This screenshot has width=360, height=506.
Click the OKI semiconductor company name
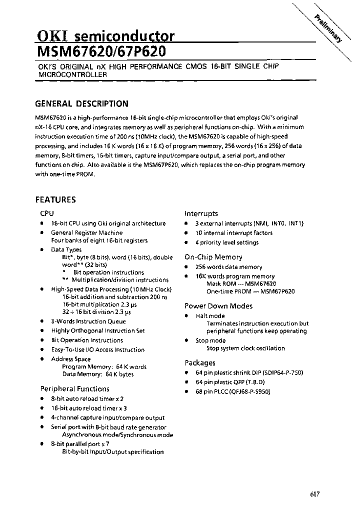coord(105,36)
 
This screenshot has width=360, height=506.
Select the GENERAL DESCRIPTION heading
coord(81,104)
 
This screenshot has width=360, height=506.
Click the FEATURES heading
coord(55,199)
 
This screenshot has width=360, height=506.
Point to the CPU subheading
coord(47,213)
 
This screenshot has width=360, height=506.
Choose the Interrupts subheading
coord(201,213)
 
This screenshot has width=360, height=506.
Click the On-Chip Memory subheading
coord(213,257)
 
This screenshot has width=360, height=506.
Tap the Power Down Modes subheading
coord(218,306)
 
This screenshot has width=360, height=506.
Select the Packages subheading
coord(200,363)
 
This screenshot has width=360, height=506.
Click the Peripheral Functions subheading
coord(74,389)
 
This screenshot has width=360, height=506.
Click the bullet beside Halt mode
coord(186,316)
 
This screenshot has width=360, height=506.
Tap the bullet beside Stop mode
coord(186,341)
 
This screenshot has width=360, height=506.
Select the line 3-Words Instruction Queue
coord(88,321)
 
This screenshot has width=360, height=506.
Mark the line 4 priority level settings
coord(227,242)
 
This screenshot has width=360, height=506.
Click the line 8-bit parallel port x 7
coord(80,443)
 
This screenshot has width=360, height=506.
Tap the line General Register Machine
coord(86,233)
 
